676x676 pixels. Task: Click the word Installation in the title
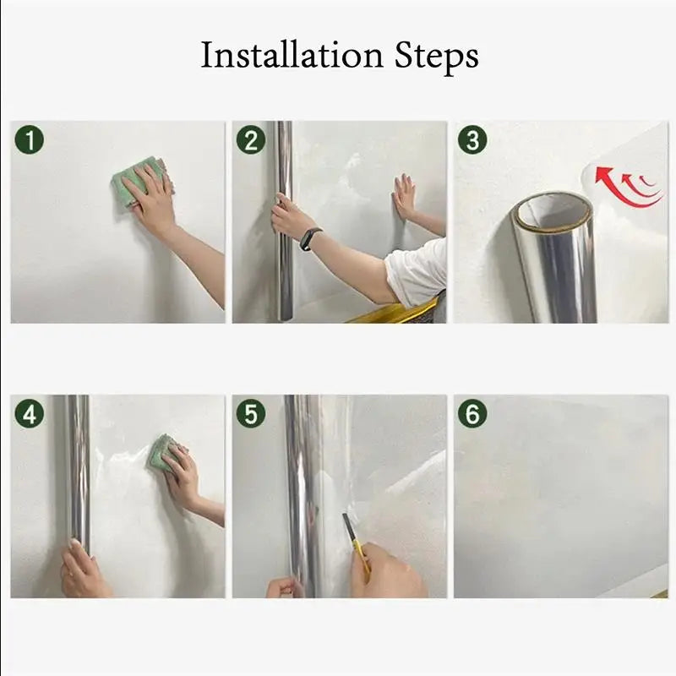click(292, 55)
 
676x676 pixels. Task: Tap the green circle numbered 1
click(30, 139)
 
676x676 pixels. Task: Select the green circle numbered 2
click(251, 139)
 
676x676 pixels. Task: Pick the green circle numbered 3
click(472, 139)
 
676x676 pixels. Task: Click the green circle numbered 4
click(30, 414)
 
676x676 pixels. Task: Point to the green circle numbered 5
click(251, 414)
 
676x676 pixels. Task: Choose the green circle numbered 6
click(472, 414)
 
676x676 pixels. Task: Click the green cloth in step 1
click(142, 183)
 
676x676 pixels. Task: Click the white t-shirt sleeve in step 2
click(417, 273)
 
